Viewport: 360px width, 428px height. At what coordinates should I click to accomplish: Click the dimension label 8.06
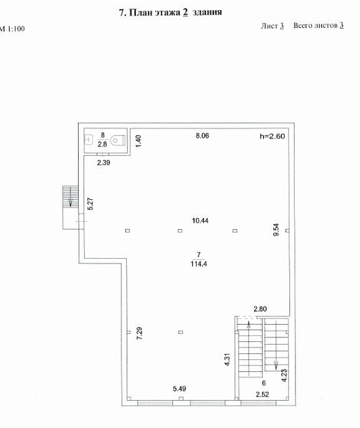pos(202,135)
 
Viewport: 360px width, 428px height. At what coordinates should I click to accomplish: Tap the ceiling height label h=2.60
pos(272,136)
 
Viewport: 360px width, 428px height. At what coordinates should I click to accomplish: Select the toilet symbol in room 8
pos(118,140)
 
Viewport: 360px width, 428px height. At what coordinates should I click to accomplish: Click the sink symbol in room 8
pos(88,140)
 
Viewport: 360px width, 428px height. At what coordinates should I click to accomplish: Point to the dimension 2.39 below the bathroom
pos(104,163)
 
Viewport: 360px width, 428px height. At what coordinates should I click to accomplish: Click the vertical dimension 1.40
pos(139,141)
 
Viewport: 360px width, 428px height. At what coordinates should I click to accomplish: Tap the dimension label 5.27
pos(91,203)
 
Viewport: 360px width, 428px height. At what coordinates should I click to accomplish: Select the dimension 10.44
pos(200,221)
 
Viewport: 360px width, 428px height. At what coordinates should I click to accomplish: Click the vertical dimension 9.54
pos(277,229)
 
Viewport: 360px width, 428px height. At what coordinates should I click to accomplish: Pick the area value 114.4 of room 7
pos(199,264)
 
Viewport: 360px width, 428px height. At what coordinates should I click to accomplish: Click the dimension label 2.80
pos(260,309)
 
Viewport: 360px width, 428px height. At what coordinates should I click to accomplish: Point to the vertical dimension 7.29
pos(139,333)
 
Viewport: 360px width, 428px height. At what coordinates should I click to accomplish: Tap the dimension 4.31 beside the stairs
pos(227,359)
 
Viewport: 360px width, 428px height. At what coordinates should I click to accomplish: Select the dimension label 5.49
pos(179,389)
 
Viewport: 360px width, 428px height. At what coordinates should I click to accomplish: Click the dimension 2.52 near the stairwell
pos(262,394)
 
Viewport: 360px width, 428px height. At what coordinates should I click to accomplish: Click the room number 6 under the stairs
pos(263,383)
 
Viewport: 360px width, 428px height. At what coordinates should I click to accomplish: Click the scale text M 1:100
pos(12,29)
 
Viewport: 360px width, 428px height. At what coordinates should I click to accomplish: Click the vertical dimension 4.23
pos(285,375)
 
